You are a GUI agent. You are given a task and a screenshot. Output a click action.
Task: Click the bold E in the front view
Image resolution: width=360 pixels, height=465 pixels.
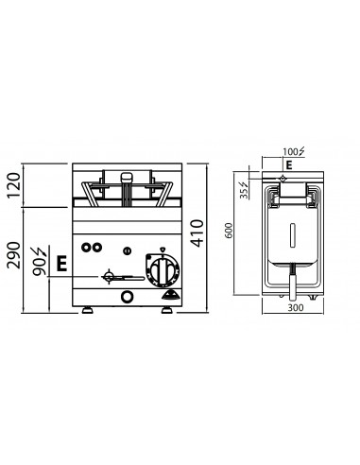coord(61,266)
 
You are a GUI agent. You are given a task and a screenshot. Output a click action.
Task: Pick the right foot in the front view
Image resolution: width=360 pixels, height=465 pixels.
coord(175,310)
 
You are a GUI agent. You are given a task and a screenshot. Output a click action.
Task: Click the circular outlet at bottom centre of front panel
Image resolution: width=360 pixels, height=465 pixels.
coord(129,297)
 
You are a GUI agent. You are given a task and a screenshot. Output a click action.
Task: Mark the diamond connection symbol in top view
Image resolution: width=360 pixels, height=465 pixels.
coord(283,177)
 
